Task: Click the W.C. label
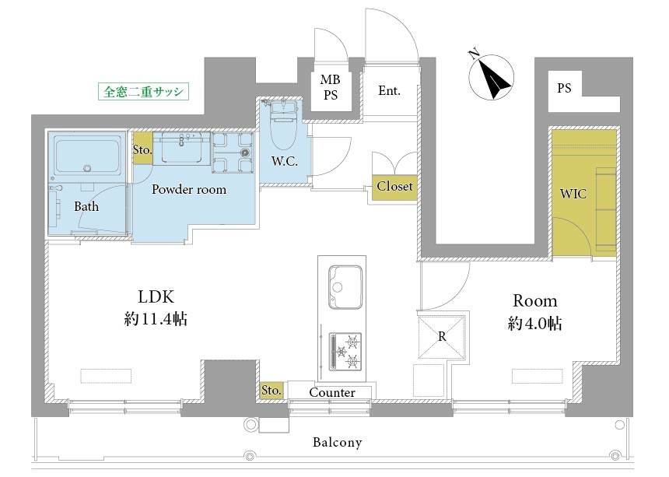pyautogui.click(x=284, y=161)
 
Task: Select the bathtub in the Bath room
pyautogui.click(x=87, y=154)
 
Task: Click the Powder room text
pyautogui.click(x=189, y=189)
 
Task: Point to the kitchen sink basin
pyautogui.click(x=345, y=287)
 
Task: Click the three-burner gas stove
pyautogui.click(x=345, y=351)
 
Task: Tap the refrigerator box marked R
pyautogui.click(x=442, y=337)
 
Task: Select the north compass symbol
pyautogui.click(x=490, y=77)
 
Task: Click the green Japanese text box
pyautogui.click(x=143, y=91)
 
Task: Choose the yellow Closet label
pyautogui.click(x=394, y=187)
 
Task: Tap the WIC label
pyautogui.click(x=573, y=194)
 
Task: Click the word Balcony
pyautogui.click(x=337, y=442)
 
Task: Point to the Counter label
pyautogui.click(x=332, y=392)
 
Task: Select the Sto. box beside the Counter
pyautogui.click(x=271, y=391)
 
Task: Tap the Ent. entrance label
pyautogui.click(x=389, y=90)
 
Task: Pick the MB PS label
pyautogui.click(x=331, y=87)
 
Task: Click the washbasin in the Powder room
pyautogui.click(x=182, y=149)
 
